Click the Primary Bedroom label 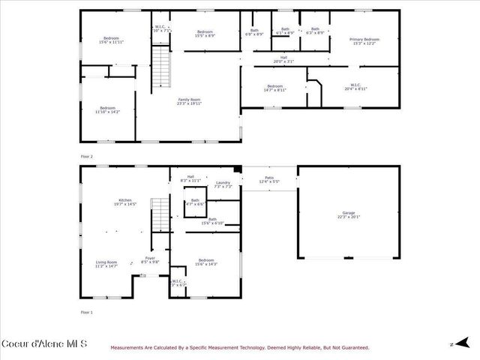click(x=366, y=39)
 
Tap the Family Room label click(x=189, y=100)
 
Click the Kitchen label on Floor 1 click(x=124, y=200)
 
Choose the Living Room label click(x=106, y=262)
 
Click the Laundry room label click(x=223, y=183)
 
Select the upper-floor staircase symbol click(x=161, y=67)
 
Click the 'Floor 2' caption click(x=87, y=157)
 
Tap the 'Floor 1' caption click(x=87, y=311)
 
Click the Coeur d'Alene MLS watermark click(x=44, y=344)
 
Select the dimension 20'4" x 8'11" click(x=355, y=89)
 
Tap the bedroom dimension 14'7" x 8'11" click(x=274, y=89)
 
